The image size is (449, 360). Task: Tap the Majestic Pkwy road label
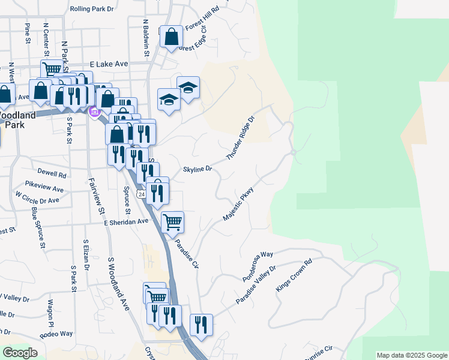pyautogui.click(x=238, y=205)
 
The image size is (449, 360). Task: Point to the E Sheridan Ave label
pyautogui.click(x=125, y=221)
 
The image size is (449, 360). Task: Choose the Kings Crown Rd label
pyautogui.click(x=294, y=276)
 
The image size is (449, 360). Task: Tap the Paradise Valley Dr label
pyautogui.click(x=255, y=285)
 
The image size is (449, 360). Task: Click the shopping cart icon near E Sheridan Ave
pyautogui.click(x=172, y=222)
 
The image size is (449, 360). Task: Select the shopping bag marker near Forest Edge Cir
pyautogui.click(x=172, y=37)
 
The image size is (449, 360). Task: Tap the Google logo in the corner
pyautogui.click(x=19, y=353)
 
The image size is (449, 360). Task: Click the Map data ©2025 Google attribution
pyautogui.click(x=412, y=355)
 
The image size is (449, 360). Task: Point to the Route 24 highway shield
pyautogui.click(x=141, y=194)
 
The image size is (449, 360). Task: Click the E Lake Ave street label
pyautogui.click(x=109, y=64)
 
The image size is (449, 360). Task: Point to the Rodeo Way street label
pyautogui.click(x=56, y=334)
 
